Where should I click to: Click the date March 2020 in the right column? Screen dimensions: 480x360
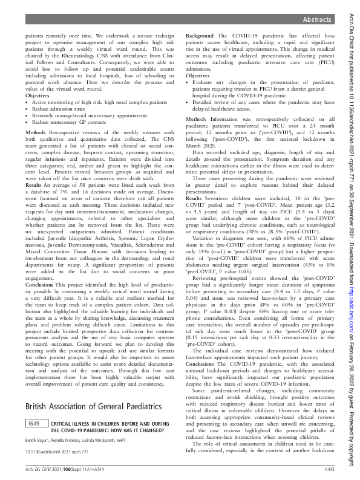pos(201,144)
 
